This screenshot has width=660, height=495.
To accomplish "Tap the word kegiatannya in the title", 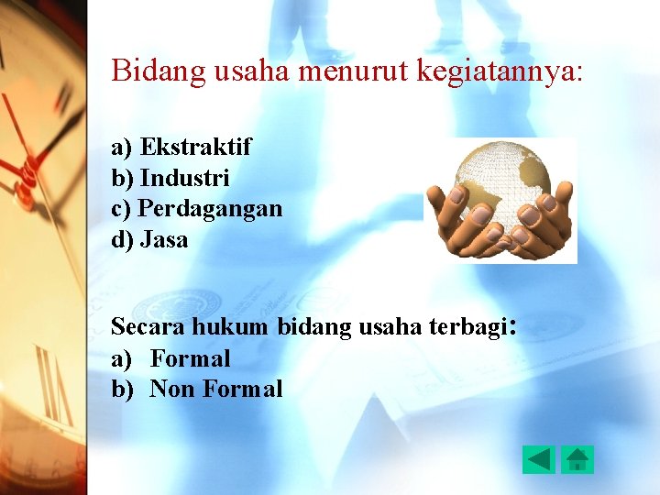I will point(496,71).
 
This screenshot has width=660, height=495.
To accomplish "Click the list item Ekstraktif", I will point(195,147).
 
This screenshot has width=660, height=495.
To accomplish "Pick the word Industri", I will point(184,178).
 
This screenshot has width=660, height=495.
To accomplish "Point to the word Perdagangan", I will point(210,209).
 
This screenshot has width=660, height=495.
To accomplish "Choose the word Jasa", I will point(164,240).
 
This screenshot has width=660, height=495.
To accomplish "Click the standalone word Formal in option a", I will point(190,358).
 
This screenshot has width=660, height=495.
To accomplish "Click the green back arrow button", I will point(539,458).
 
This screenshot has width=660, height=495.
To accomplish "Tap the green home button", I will point(577,458).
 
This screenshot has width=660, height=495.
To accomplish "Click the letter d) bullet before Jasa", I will point(122,240).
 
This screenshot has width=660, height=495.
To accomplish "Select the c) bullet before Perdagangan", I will point(122,209).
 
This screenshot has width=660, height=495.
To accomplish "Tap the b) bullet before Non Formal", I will point(122,390).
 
